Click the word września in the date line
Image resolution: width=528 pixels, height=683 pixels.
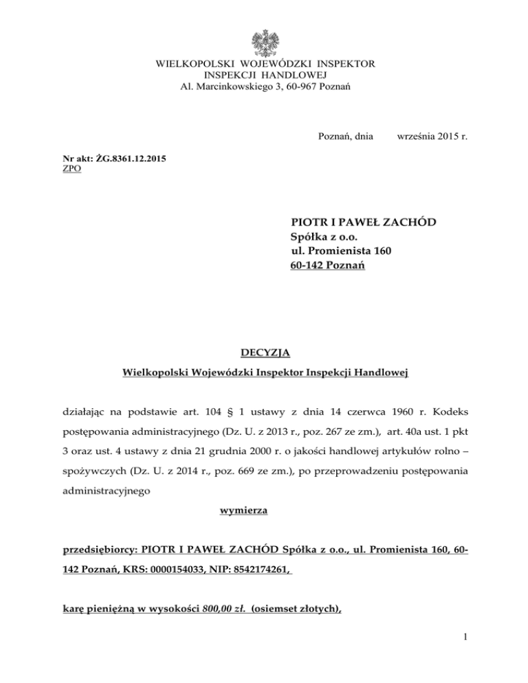click(417, 137)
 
